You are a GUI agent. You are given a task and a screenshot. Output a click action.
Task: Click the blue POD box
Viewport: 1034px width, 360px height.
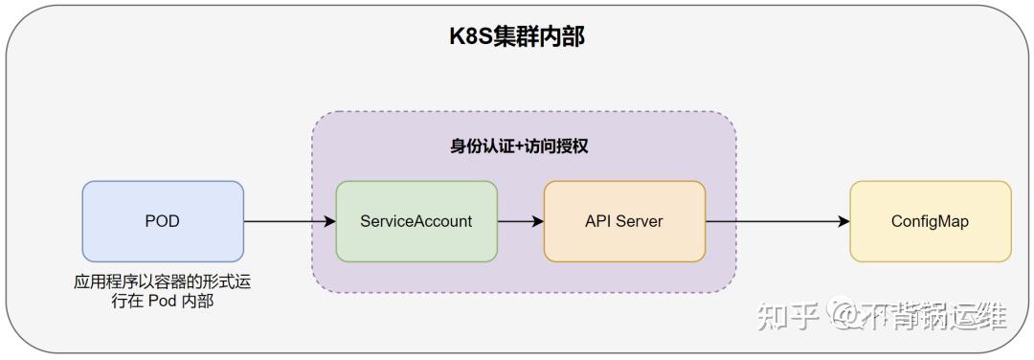pos(163,221)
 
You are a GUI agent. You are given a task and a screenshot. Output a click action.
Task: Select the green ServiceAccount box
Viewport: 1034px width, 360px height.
pos(416,221)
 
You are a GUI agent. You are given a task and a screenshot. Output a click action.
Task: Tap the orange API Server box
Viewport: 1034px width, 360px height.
pos(624,221)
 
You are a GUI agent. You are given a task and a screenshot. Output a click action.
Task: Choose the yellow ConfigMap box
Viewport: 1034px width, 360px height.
pos(930,221)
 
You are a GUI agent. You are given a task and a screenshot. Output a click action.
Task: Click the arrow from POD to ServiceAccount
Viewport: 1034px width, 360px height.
pos(287,221)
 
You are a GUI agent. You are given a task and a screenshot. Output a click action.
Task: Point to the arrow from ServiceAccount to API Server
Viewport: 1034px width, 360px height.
pos(520,221)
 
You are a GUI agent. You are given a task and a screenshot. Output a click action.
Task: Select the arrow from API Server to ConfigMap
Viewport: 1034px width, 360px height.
pos(775,221)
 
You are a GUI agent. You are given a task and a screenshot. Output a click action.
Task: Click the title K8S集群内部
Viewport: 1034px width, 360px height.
pos(517,37)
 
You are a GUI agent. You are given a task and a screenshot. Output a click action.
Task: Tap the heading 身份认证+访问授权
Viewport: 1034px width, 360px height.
pos(519,146)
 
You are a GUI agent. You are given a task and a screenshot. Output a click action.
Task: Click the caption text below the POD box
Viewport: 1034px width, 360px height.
pos(163,293)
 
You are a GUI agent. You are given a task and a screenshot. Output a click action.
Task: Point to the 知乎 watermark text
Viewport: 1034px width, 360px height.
pos(788,315)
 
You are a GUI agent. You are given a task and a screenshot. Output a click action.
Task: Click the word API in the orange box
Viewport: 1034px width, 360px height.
pos(598,221)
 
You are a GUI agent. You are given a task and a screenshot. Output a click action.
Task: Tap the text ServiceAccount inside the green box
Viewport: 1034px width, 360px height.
pos(416,221)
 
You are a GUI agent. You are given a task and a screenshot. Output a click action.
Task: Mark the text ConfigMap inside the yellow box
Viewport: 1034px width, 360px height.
pos(930,221)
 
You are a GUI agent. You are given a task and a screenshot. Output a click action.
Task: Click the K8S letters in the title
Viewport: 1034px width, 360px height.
pos(471,37)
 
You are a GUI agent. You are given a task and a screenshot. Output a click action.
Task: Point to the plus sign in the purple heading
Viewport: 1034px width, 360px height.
pos(518,146)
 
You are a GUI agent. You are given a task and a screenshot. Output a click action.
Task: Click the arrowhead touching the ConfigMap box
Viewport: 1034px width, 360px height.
pos(843,221)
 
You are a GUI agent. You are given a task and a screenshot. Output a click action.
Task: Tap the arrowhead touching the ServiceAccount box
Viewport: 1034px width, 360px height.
pos(329,221)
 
